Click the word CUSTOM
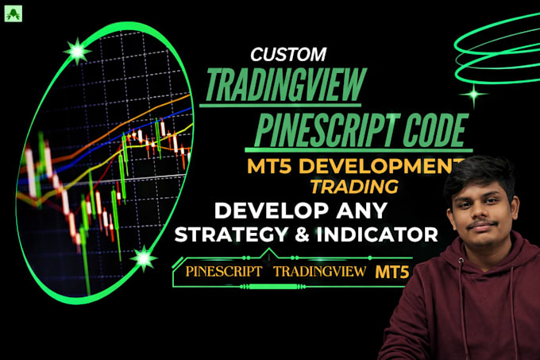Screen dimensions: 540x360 [x=288, y=54]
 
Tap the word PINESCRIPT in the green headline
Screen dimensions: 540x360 [x=327, y=130]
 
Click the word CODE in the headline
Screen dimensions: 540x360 [x=436, y=130]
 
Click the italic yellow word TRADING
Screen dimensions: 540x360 [x=354, y=187]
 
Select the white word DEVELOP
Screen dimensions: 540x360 [x=272, y=210]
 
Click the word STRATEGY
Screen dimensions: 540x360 [x=231, y=234]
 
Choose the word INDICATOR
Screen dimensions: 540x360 [x=377, y=234]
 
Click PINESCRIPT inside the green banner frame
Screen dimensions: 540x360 [x=224, y=271]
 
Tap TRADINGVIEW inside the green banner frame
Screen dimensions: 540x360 [x=320, y=271]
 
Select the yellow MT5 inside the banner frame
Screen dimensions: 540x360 [x=392, y=272]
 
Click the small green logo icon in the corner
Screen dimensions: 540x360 [x=13, y=14]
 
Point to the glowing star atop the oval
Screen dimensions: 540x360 [x=78, y=52]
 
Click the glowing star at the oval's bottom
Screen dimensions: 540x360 [x=144, y=258]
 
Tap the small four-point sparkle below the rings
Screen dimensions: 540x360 [x=474, y=94]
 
